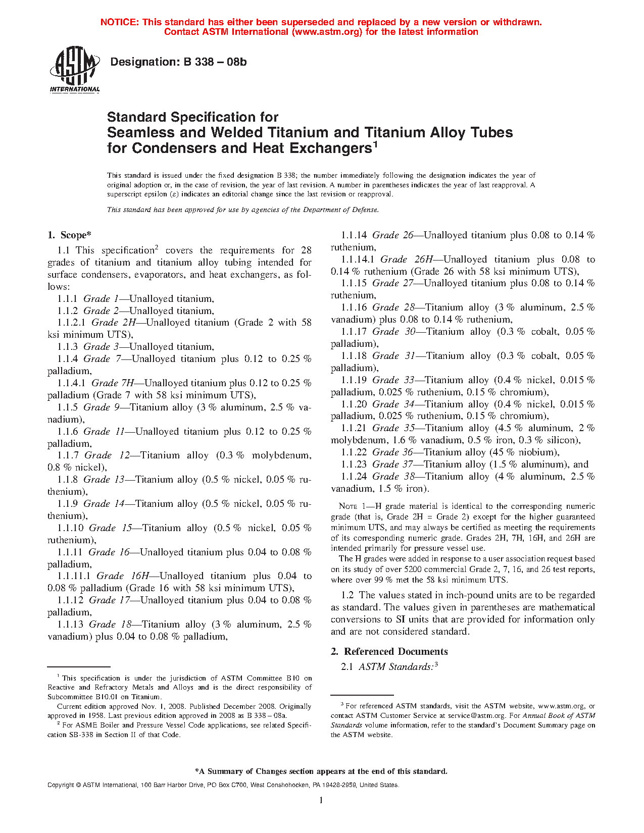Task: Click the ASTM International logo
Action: click(74, 70)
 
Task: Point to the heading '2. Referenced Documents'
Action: click(389, 652)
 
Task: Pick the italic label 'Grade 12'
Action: click(107, 455)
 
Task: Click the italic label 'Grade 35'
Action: click(393, 428)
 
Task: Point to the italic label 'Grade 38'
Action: click(393, 477)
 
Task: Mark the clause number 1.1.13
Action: click(70, 624)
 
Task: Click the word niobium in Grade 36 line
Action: click(537, 452)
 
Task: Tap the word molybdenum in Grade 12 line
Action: click(281, 455)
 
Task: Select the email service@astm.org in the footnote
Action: click(476, 715)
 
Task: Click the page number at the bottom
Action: click(321, 800)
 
